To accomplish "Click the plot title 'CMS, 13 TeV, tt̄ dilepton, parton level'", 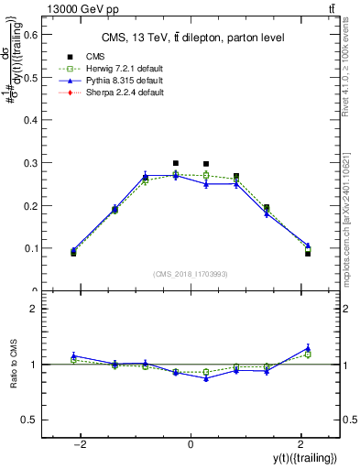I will pyautogui.click(x=190, y=38).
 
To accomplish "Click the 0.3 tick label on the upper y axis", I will pyautogui.click(x=34, y=163).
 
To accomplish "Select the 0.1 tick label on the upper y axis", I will pyautogui.click(x=34, y=248).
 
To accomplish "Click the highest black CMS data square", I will pyautogui.click(x=176, y=163).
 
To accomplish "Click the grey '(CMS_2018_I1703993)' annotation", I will pyautogui.click(x=191, y=274).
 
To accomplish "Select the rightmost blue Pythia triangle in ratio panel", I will pyautogui.click(x=308, y=348).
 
